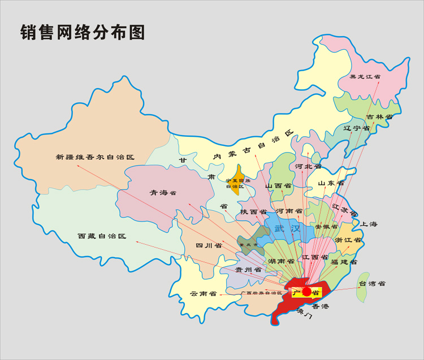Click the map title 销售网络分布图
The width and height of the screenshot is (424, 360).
[x=83, y=32]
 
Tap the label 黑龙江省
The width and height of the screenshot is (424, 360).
[x=364, y=77]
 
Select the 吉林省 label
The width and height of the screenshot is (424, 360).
[x=379, y=116]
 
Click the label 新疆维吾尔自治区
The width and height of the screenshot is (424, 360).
[x=95, y=157]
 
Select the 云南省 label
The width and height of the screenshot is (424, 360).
[x=204, y=294]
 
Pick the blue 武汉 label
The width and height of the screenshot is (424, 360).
[x=287, y=228]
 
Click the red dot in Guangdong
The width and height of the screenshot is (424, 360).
[x=307, y=292]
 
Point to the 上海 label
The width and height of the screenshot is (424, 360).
[x=369, y=224]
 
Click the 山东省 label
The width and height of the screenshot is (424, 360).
[x=331, y=183]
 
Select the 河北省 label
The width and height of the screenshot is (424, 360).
[x=308, y=167]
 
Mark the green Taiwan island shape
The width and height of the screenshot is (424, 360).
[x=360, y=287]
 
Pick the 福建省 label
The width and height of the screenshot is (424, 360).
[x=344, y=262]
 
